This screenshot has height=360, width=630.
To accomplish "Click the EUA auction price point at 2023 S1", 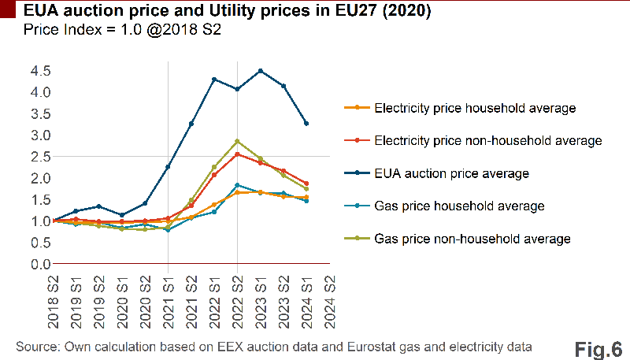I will [260, 71].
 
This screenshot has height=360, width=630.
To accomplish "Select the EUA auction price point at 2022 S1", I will [214, 80].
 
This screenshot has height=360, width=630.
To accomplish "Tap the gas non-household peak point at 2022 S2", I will [237, 141].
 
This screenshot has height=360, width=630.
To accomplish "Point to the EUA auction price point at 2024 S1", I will [306, 124].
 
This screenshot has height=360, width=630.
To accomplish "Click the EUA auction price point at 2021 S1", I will [168, 167].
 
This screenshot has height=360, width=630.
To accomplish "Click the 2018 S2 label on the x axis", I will [54, 295].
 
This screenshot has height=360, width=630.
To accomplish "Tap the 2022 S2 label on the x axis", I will [238, 295].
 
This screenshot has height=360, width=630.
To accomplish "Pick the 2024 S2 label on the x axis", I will [330, 295].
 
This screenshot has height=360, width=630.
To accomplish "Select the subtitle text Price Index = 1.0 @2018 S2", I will [122, 31].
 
